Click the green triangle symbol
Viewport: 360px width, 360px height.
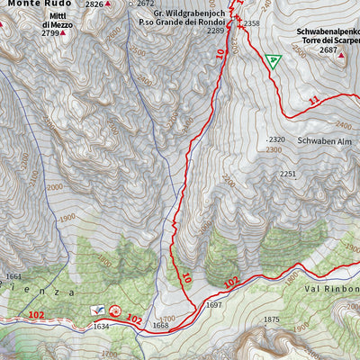(x=274, y=61)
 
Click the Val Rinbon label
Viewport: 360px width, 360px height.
(x=331, y=289)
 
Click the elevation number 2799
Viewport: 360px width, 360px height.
(x=49, y=33)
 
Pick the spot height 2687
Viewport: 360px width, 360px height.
(x=327, y=51)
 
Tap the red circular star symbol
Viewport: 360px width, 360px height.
(x=115, y=311)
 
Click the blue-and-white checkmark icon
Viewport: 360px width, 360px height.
(x=97, y=310)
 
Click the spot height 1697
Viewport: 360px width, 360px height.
(x=213, y=305)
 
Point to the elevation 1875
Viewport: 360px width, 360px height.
(x=272, y=319)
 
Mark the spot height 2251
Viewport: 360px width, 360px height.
(x=287, y=174)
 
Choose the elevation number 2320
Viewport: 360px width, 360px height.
(x=276, y=139)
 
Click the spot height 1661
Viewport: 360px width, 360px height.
(x=13, y=276)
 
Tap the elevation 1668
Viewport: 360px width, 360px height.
(x=159, y=326)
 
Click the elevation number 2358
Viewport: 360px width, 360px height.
(x=251, y=23)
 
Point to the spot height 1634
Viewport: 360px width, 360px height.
(x=102, y=327)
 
